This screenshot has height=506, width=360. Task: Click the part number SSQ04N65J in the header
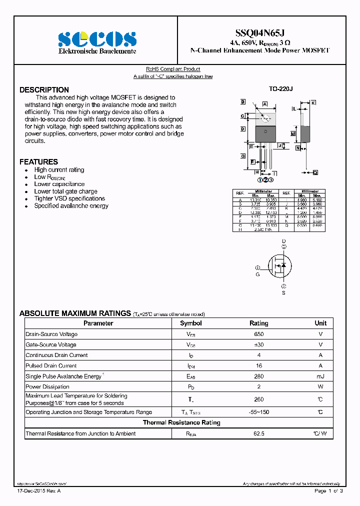(260, 33)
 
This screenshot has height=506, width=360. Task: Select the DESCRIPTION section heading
(44, 90)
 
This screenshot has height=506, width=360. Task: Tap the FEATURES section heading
(38, 162)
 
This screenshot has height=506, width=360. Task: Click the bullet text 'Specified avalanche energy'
(71, 206)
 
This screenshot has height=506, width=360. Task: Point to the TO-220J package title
(280, 89)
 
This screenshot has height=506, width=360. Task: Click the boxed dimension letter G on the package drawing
(243, 156)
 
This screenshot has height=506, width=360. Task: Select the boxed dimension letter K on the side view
(313, 102)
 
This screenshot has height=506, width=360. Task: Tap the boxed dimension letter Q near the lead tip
(315, 172)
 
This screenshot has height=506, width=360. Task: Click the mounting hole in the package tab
(266, 118)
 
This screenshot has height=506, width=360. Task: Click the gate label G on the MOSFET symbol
(258, 274)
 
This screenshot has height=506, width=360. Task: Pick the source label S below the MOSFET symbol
(283, 293)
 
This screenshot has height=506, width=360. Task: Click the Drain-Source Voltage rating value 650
(258, 334)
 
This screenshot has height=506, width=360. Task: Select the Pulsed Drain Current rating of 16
(258, 365)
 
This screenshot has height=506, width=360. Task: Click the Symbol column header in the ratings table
(190, 323)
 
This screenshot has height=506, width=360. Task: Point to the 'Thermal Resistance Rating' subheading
(181, 423)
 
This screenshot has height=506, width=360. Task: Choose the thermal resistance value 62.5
(258, 433)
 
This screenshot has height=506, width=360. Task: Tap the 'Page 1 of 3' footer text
(328, 491)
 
